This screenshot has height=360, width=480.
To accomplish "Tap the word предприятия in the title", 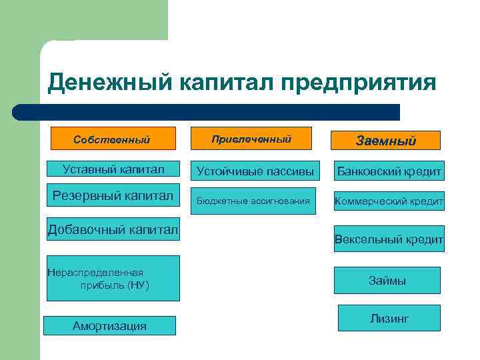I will pyautogui.click(x=359, y=83).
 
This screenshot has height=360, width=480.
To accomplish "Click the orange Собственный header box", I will pyautogui.click(x=112, y=139).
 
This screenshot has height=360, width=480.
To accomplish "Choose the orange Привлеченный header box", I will pyautogui.click(x=251, y=139).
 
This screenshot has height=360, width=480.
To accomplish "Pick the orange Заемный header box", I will pyautogui.click(x=386, y=140).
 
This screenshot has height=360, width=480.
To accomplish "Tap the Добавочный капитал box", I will pyautogui.click(x=113, y=230).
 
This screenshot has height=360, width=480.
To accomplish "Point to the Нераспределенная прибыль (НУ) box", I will pyautogui.click(x=113, y=278).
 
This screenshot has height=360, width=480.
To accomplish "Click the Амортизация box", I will pyautogui.click(x=109, y=325).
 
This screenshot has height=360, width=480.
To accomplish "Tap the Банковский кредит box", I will pyautogui.click(x=389, y=171).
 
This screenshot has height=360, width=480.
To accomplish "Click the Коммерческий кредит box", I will pyautogui.click(x=389, y=201).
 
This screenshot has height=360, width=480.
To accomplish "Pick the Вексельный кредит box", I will pyautogui.click(x=389, y=239).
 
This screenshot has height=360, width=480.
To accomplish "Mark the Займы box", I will pyautogui.click(x=387, y=280).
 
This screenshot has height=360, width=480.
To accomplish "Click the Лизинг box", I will pyautogui.click(x=389, y=318).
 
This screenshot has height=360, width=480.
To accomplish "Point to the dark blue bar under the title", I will pyautogui.click(x=207, y=112).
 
